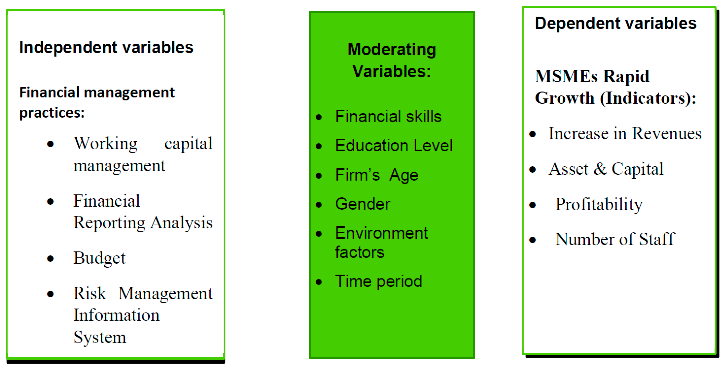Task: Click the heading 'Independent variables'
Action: pos(106,47)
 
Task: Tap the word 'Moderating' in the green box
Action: pos(392,50)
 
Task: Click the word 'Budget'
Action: pos(99,258)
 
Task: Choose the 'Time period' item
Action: pos(379,281)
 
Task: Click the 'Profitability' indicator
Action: pos(599,205)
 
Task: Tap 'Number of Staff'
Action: pos(615,239)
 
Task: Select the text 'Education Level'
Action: pos(394,145)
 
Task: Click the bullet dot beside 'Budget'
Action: pos(50,258)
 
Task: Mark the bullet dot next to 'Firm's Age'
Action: pos(319,176)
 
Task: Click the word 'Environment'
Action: pos(381,233)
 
